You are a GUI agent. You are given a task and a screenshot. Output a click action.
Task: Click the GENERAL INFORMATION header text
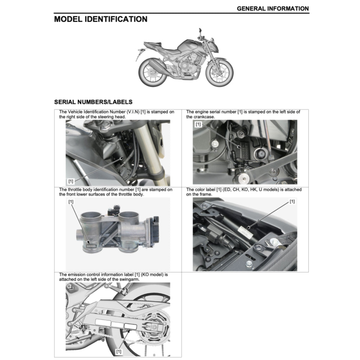click(273, 8)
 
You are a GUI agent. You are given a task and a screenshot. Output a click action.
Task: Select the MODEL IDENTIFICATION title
click(101, 19)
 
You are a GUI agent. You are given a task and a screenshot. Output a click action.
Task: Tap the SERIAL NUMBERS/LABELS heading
click(93, 102)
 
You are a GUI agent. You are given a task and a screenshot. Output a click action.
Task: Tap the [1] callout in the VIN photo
click(71, 181)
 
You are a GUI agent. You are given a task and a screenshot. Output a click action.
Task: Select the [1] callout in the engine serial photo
click(198, 124)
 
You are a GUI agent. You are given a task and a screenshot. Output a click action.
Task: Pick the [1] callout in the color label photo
click(292, 201)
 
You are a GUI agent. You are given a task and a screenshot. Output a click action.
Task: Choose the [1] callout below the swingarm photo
click(119, 351)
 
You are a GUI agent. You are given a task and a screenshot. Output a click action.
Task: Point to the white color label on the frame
click(245, 231)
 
